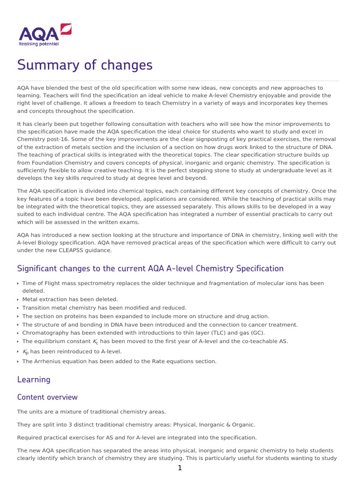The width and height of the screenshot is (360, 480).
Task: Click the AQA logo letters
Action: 38,34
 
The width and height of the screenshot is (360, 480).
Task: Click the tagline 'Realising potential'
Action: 39,44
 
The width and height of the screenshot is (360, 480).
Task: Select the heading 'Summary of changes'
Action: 85,65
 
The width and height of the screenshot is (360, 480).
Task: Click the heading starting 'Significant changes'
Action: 150,269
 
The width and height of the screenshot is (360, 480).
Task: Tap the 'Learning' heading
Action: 34,379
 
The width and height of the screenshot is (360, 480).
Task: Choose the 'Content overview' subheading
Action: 47,397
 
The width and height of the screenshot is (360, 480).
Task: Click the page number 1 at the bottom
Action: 180,468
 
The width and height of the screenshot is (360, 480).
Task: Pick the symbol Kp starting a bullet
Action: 25,352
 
